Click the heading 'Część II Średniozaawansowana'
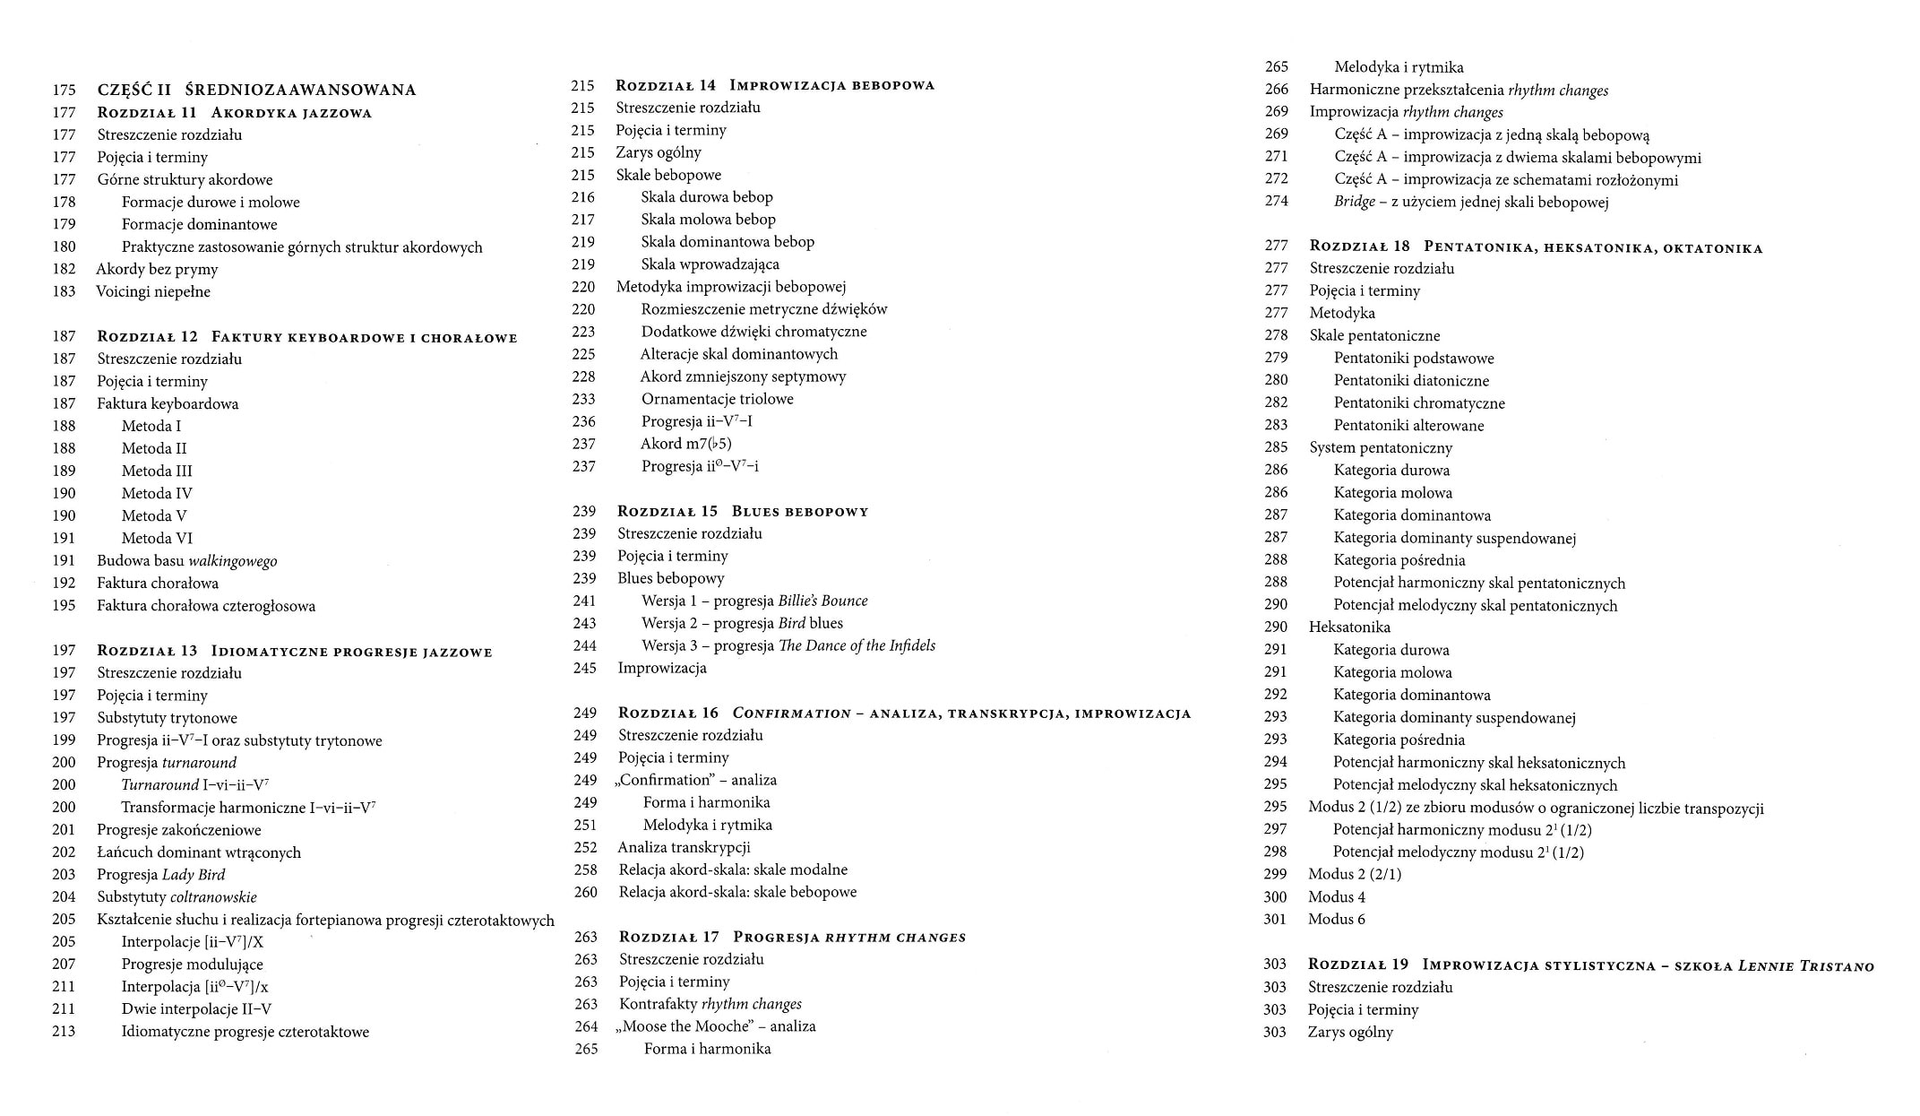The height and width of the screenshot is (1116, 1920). (x=256, y=90)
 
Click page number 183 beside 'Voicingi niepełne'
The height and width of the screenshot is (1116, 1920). (x=64, y=291)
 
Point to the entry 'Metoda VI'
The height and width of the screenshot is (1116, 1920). (x=157, y=538)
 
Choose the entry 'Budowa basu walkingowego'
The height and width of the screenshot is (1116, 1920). (x=187, y=561)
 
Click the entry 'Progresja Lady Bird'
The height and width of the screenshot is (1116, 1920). (x=161, y=875)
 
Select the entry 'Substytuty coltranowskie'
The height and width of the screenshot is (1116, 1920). (x=177, y=897)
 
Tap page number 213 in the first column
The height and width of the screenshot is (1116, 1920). (x=64, y=1032)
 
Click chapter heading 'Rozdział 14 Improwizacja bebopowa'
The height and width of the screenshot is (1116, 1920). (x=775, y=85)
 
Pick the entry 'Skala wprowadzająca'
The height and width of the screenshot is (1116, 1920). (x=710, y=264)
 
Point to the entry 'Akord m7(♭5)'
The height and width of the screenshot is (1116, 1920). (x=686, y=444)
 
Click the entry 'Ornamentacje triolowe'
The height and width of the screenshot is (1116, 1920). (x=717, y=399)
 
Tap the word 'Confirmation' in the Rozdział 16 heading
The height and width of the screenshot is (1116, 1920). (x=791, y=714)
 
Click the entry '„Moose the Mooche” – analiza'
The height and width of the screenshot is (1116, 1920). (x=716, y=1026)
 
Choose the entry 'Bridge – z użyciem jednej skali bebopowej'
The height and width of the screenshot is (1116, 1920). (x=1471, y=202)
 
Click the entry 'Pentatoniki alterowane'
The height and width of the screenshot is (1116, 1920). (x=1408, y=426)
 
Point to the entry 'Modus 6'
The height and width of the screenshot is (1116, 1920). (x=1337, y=919)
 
